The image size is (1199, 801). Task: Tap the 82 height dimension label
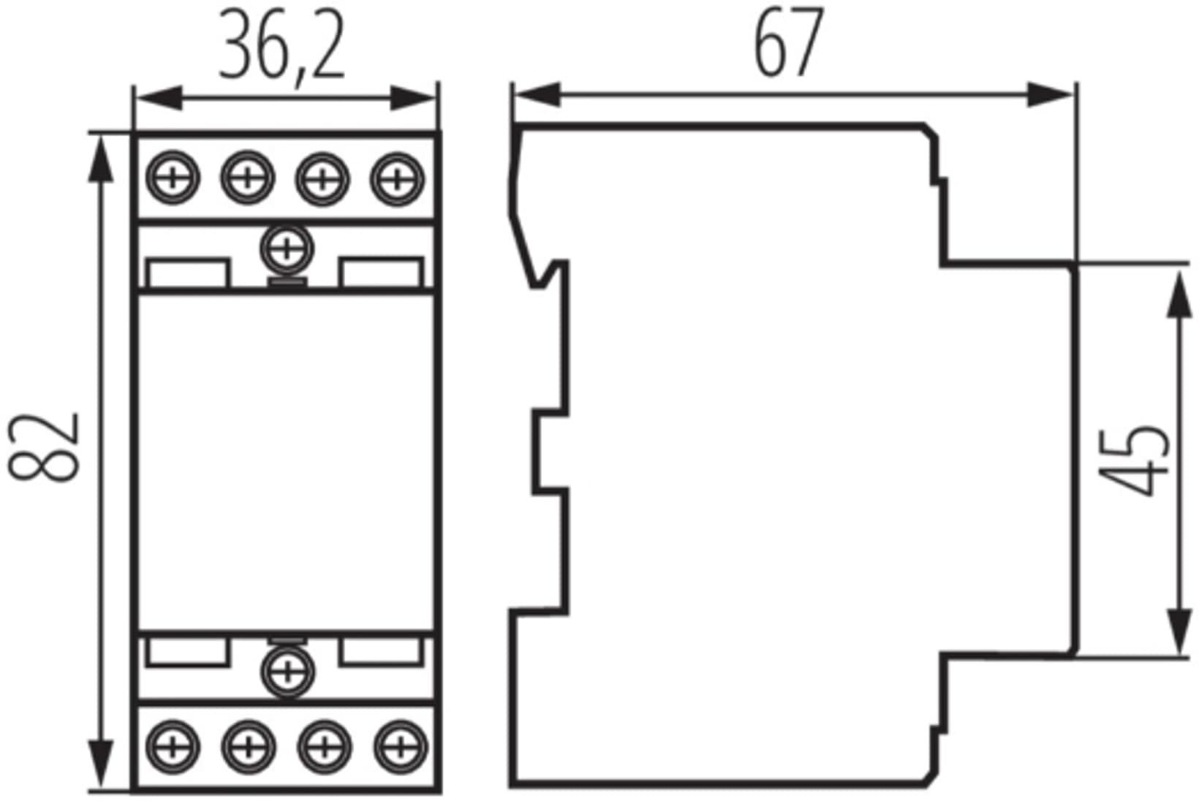click(x=44, y=447)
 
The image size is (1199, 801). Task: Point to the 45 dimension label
click(x=1132, y=460)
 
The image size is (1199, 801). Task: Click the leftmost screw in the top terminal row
click(x=173, y=178)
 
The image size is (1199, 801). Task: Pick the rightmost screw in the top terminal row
click(x=397, y=179)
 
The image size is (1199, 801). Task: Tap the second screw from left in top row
click(x=247, y=178)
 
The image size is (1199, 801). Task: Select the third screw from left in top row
click(x=322, y=179)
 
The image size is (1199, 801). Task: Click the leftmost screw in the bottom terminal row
click(x=173, y=747)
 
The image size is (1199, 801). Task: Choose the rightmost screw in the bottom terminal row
click(x=401, y=747)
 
